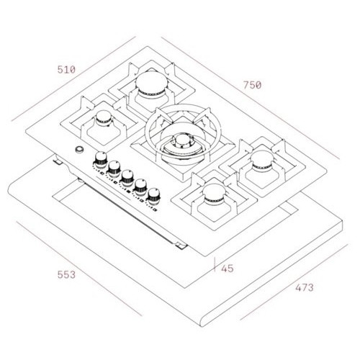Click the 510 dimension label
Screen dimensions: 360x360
[66, 70]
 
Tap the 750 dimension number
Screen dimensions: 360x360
[252, 85]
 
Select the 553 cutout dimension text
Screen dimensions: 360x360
[66, 274]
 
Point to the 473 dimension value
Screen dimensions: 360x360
[305, 287]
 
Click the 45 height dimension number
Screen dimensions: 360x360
[228, 269]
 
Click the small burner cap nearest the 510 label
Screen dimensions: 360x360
[104, 117]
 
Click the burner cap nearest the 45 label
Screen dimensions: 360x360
[214, 193]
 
